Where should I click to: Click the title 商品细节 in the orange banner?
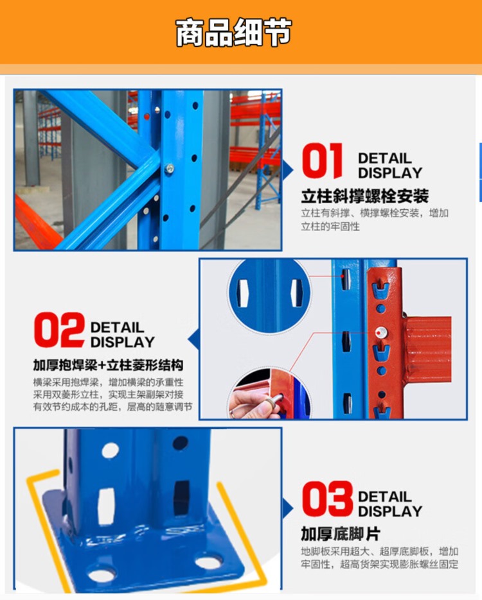pyautogui.click(x=233, y=33)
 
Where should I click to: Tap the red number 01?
pyautogui.click(x=322, y=160)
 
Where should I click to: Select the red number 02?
pyautogui.click(x=59, y=330)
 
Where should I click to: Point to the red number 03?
pyautogui.click(x=327, y=499)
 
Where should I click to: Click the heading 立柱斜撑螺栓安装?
pyautogui.click(x=365, y=196)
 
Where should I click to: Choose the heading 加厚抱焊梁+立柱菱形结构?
pyautogui.click(x=108, y=365)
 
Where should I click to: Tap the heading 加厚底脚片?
pyautogui.click(x=341, y=534)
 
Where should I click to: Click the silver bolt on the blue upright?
pyautogui.click(x=169, y=168)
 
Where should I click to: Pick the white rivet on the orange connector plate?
pyautogui.click(x=380, y=332)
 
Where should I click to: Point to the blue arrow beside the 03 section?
pyautogui.click(x=288, y=508)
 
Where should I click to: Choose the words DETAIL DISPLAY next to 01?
pyautogui.click(x=390, y=166)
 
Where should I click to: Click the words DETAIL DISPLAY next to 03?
pyautogui.click(x=390, y=504)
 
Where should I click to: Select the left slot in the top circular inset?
pyautogui.click(x=242, y=293)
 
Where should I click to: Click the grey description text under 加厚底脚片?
pyautogui.click(x=379, y=558)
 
